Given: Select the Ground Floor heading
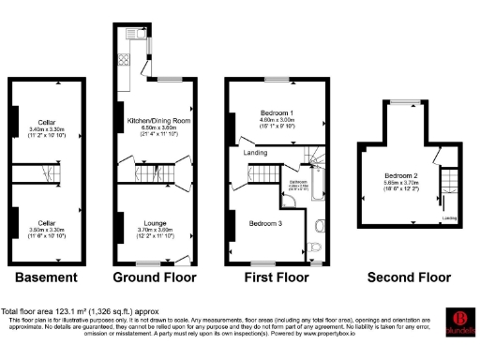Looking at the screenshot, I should click(x=155, y=277).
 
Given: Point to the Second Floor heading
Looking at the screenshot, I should click(x=409, y=277).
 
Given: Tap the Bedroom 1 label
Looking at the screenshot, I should click(x=277, y=113).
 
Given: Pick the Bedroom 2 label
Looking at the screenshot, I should click(x=401, y=175).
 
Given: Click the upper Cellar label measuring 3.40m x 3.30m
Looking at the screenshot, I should click(x=46, y=122).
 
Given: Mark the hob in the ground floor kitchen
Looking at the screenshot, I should click(x=130, y=35).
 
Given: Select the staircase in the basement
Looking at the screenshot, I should click(x=46, y=174).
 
